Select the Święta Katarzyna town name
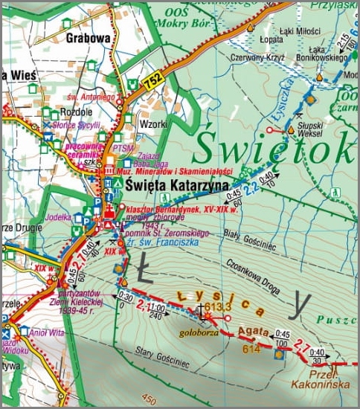coord(176,183)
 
